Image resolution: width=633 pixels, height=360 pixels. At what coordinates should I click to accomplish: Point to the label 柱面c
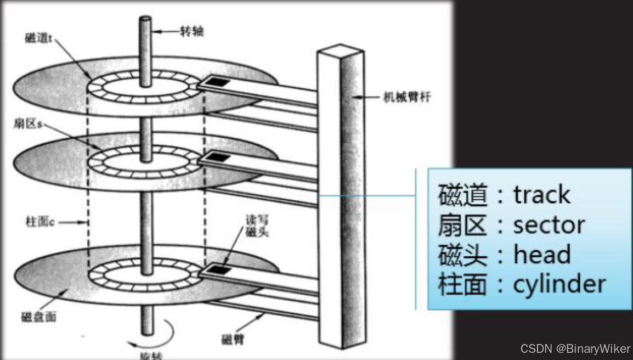pyautogui.click(x=40, y=222)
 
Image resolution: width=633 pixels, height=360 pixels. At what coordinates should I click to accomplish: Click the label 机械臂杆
pyautogui.click(x=406, y=98)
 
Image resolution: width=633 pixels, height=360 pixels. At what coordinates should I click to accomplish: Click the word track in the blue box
pyautogui.click(x=541, y=195)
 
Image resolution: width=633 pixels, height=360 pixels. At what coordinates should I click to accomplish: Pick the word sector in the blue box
pyautogui.click(x=549, y=225)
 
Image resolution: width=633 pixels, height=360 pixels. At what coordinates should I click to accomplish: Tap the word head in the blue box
pyautogui.click(x=542, y=255)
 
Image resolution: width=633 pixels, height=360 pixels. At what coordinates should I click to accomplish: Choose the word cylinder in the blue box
pyautogui.click(x=559, y=284)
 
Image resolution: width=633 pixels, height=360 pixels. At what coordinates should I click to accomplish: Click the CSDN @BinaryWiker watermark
pyautogui.click(x=575, y=348)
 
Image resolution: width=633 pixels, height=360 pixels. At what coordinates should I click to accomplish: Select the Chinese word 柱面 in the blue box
pyautogui.click(x=462, y=284)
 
